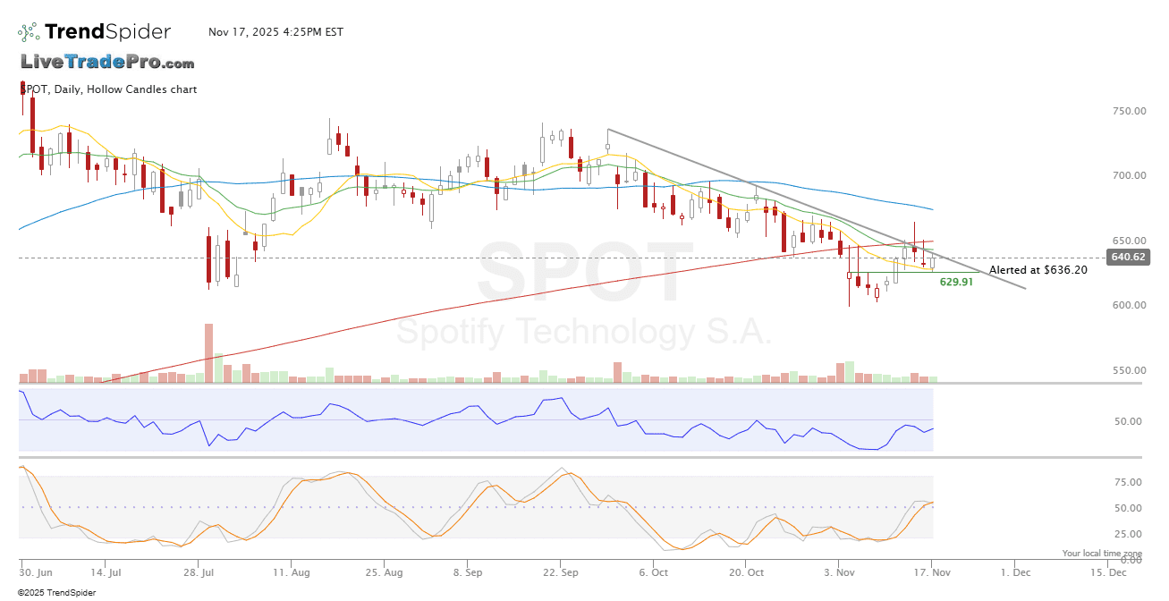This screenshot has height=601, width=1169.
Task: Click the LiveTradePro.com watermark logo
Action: coord(107,63)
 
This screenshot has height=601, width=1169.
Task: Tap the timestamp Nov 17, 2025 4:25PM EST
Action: coord(275,32)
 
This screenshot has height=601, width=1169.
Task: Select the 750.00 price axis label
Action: coord(1130,111)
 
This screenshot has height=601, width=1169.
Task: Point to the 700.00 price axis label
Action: coord(1130,175)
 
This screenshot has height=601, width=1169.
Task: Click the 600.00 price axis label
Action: coord(1130,305)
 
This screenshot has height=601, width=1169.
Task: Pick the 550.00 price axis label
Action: coord(1130,370)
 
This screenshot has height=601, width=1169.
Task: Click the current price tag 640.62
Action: coord(1128,258)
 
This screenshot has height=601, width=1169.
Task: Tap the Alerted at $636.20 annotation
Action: coord(1038,269)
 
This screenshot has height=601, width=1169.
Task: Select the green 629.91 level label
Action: coord(956,282)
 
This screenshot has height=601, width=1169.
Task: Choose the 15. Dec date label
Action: coord(1105,571)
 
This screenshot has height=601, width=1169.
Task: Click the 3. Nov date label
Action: coord(840,571)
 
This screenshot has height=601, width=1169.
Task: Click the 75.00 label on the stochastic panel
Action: coord(1130,483)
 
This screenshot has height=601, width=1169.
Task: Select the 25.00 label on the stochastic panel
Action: coord(1130,534)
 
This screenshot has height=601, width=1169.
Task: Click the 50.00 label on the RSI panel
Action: coord(1130,421)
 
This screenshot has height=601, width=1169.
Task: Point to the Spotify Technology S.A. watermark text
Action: coord(583,333)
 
